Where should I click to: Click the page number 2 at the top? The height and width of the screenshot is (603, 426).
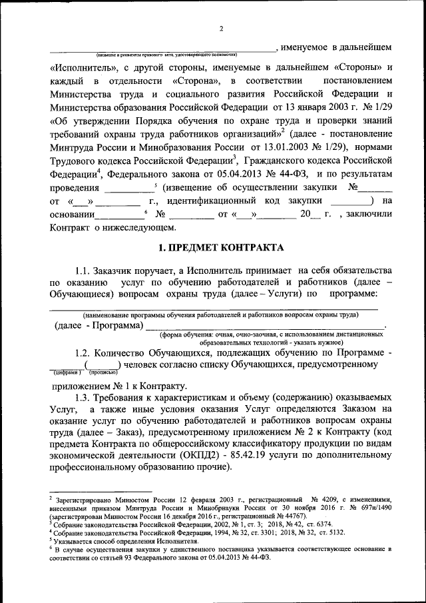(x=220, y=28)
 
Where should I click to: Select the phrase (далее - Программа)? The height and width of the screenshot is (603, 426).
(x=97, y=325)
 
